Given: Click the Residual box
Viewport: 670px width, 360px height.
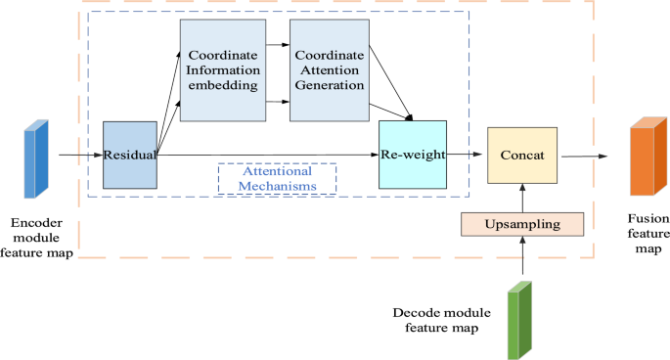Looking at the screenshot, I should [130, 155].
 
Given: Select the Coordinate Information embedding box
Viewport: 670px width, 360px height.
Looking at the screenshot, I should [221, 70].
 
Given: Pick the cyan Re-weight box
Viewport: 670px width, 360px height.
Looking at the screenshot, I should [412, 155].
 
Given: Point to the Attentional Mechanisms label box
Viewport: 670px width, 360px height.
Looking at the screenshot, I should [276, 178].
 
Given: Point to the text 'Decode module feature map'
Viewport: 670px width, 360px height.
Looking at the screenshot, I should [436, 320].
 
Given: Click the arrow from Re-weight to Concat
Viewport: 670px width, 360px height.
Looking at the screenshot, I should [467, 155].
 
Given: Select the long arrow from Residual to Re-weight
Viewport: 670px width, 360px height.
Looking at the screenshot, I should [264, 155].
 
